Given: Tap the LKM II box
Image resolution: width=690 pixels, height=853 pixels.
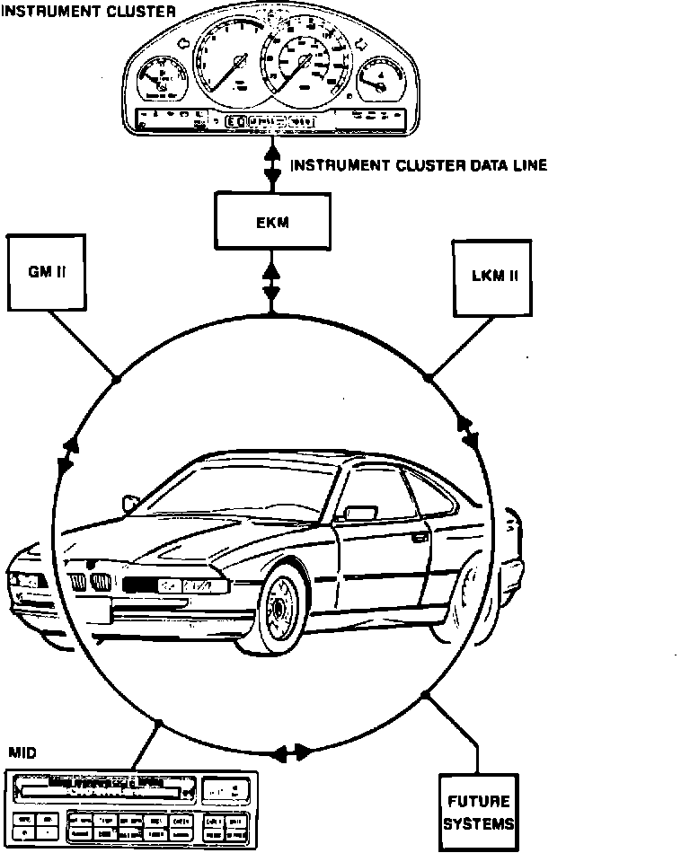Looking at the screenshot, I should tap(494, 276).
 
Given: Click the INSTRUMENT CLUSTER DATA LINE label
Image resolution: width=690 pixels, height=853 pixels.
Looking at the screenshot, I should tap(419, 165).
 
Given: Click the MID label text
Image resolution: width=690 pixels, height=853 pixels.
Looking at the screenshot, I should tap(22, 752).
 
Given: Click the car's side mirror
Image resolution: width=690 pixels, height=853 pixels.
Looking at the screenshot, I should tap(359, 513).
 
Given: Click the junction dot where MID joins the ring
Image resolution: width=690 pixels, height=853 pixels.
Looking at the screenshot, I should tap(159, 722).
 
